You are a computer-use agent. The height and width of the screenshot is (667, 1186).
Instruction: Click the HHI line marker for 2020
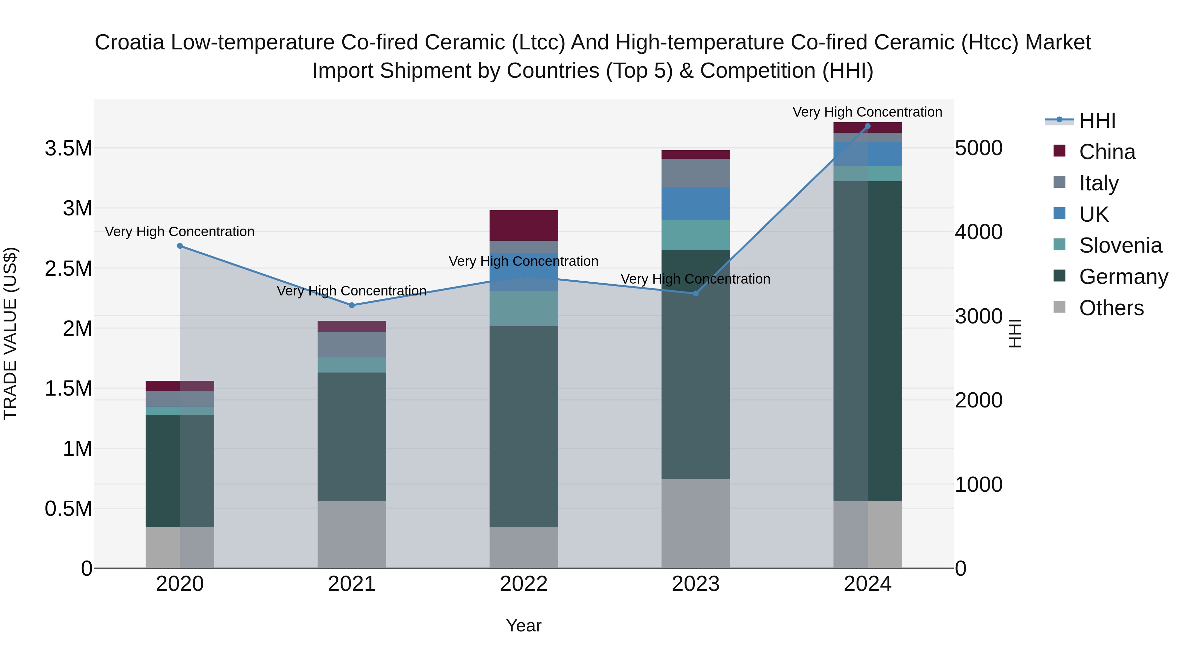pyautogui.click(x=180, y=246)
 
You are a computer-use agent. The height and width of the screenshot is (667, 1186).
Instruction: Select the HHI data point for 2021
pyautogui.click(x=352, y=305)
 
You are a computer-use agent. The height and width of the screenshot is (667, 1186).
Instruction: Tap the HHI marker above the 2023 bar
pyautogui.click(x=696, y=293)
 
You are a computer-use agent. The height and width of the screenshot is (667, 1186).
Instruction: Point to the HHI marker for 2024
pyautogui.click(x=867, y=126)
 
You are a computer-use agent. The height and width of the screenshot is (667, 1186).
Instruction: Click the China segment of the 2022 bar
pyautogui.click(x=523, y=225)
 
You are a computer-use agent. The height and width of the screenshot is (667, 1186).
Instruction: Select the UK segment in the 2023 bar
pyautogui.click(x=696, y=204)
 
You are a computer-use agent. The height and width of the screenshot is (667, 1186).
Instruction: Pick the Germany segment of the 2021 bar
pyautogui.click(x=352, y=436)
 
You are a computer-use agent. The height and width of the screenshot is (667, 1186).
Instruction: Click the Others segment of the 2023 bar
pyautogui.click(x=696, y=523)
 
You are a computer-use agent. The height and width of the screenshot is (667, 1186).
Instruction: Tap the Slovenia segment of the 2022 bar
pyautogui.click(x=523, y=308)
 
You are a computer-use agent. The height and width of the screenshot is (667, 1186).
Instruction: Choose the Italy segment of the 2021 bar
pyautogui.click(x=352, y=344)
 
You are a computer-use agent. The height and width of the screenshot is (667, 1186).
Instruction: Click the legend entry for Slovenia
pyautogui.click(x=1120, y=245)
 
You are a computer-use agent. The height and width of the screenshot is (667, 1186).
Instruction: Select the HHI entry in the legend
pyautogui.click(x=1097, y=121)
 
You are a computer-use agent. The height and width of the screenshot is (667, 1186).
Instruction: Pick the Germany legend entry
pyautogui.click(x=1123, y=277)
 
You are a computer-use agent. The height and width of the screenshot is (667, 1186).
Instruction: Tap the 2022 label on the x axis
pyautogui.click(x=523, y=584)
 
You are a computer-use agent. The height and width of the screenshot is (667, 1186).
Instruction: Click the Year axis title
pyautogui.click(x=523, y=625)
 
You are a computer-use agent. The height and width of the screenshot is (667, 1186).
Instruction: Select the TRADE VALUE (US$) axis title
pyautogui.click(x=10, y=333)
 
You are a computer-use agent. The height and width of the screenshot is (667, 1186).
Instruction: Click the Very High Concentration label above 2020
pyautogui.click(x=180, y=232)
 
